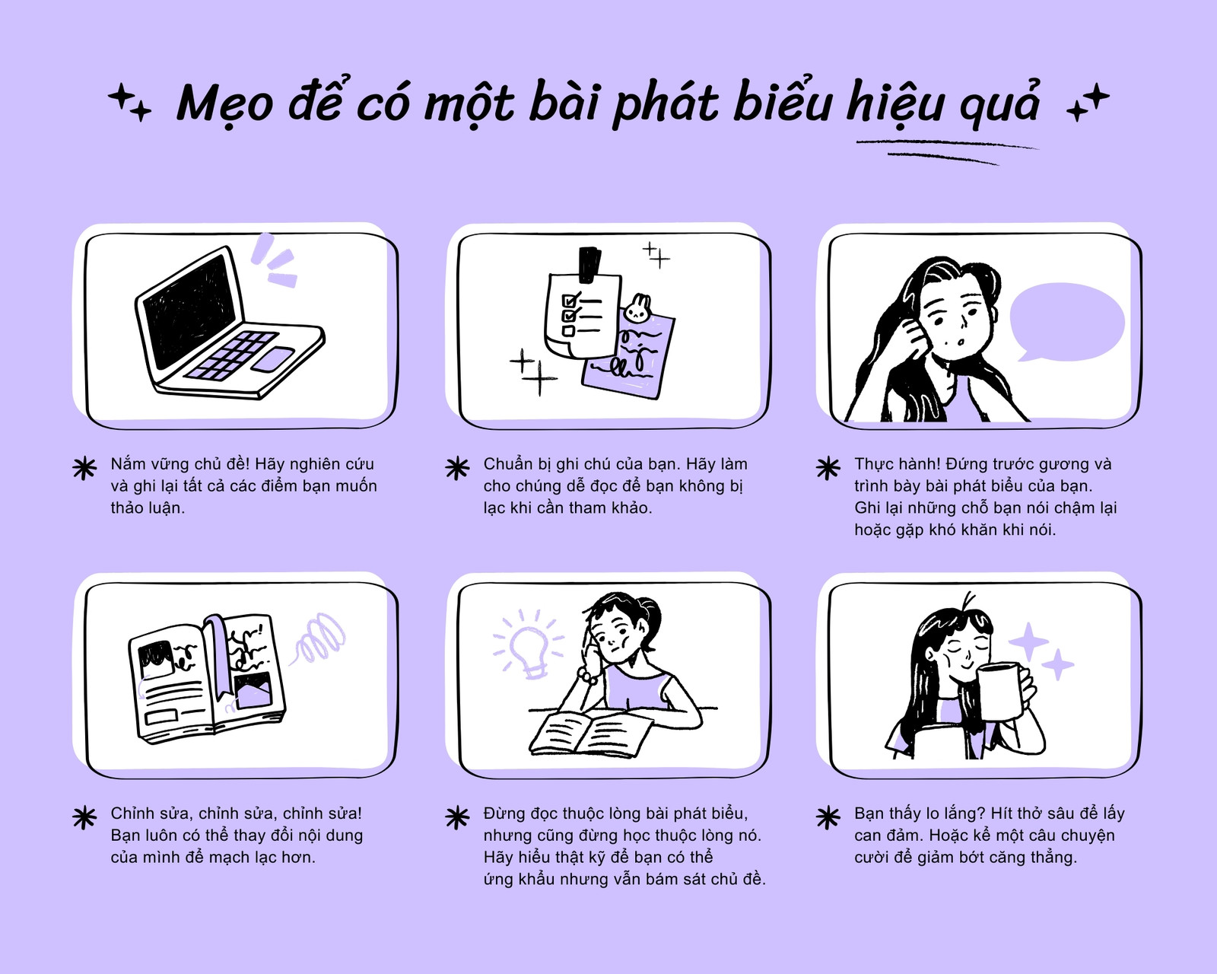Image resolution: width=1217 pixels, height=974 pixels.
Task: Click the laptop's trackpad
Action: (272, 359)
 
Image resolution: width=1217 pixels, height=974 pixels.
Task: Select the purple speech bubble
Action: (1066, 322)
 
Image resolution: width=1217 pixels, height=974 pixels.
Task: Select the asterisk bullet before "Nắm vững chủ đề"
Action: (84, 468)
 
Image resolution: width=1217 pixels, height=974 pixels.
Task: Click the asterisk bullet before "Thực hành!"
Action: (828, 468)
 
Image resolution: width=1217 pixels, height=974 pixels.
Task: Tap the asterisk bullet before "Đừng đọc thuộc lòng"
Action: (457, 818)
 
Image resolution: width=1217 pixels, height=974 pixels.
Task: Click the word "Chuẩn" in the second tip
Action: (508, 464)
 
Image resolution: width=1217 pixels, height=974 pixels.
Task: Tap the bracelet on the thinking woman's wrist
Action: (587, 675)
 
